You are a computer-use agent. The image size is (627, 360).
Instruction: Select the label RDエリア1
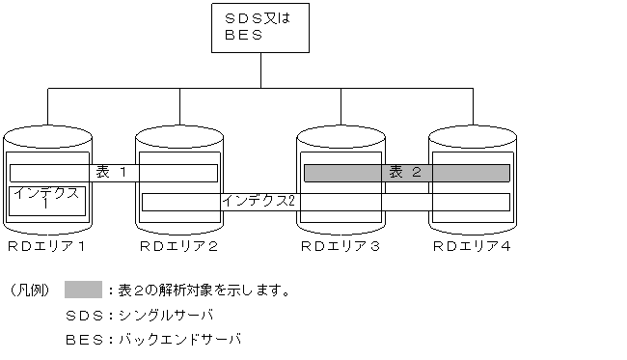pos(47,247)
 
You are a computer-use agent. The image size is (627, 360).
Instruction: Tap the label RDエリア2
pos(179,247)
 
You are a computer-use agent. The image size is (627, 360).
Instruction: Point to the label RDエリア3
pos(339,247)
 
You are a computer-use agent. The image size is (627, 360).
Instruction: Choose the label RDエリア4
pos(472,247)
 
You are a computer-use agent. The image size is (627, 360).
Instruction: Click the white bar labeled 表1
pos(113,173)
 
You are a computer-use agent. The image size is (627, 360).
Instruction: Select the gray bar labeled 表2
pos(406,173)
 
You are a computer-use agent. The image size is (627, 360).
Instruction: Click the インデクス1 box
pos(47,202)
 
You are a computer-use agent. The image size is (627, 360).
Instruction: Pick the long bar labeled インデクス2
pos(325,201)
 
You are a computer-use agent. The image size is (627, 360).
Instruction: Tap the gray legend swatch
pos(83,290)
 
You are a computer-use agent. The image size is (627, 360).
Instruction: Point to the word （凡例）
pos(29,291)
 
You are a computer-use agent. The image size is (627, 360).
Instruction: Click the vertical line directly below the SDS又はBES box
pos(261,71)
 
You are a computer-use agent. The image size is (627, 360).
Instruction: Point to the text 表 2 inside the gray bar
pos(406,173)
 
